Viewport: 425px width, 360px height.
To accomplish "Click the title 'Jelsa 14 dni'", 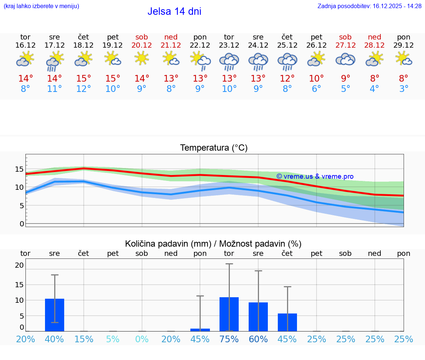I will coord(174,11).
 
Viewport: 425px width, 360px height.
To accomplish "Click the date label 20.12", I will coord(142,45).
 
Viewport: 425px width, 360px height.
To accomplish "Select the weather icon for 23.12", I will coord(229,61).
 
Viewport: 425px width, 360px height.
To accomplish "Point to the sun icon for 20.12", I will coord(142,58).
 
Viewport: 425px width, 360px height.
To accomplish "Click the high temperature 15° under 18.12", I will coord(83,78).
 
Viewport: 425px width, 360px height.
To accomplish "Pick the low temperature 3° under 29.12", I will coord(404,89).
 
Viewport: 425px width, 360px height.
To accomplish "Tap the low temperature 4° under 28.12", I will coord(374,89).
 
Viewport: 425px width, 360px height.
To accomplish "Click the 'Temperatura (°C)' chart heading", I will coord(214,148).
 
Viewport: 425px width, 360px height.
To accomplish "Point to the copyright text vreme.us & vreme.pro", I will coord(315,176).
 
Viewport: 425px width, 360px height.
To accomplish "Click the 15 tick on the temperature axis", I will coord(19,169).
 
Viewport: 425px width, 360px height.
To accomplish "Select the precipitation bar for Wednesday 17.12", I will coord(55,315).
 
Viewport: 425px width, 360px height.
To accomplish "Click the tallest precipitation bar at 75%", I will coord(229,314).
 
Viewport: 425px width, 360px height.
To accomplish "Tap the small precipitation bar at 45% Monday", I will coord(200,330).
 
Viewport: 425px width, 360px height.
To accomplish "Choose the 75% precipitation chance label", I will coord(229,339).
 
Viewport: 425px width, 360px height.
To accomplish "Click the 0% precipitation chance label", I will coord(142,339).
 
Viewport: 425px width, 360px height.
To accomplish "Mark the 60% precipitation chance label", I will coord(258,339).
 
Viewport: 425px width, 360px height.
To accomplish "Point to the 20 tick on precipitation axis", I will coord(19,265).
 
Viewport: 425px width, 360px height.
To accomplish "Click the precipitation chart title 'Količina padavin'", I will coord(213,244).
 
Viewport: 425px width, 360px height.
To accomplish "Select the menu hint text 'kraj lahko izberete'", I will coord(41,6).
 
